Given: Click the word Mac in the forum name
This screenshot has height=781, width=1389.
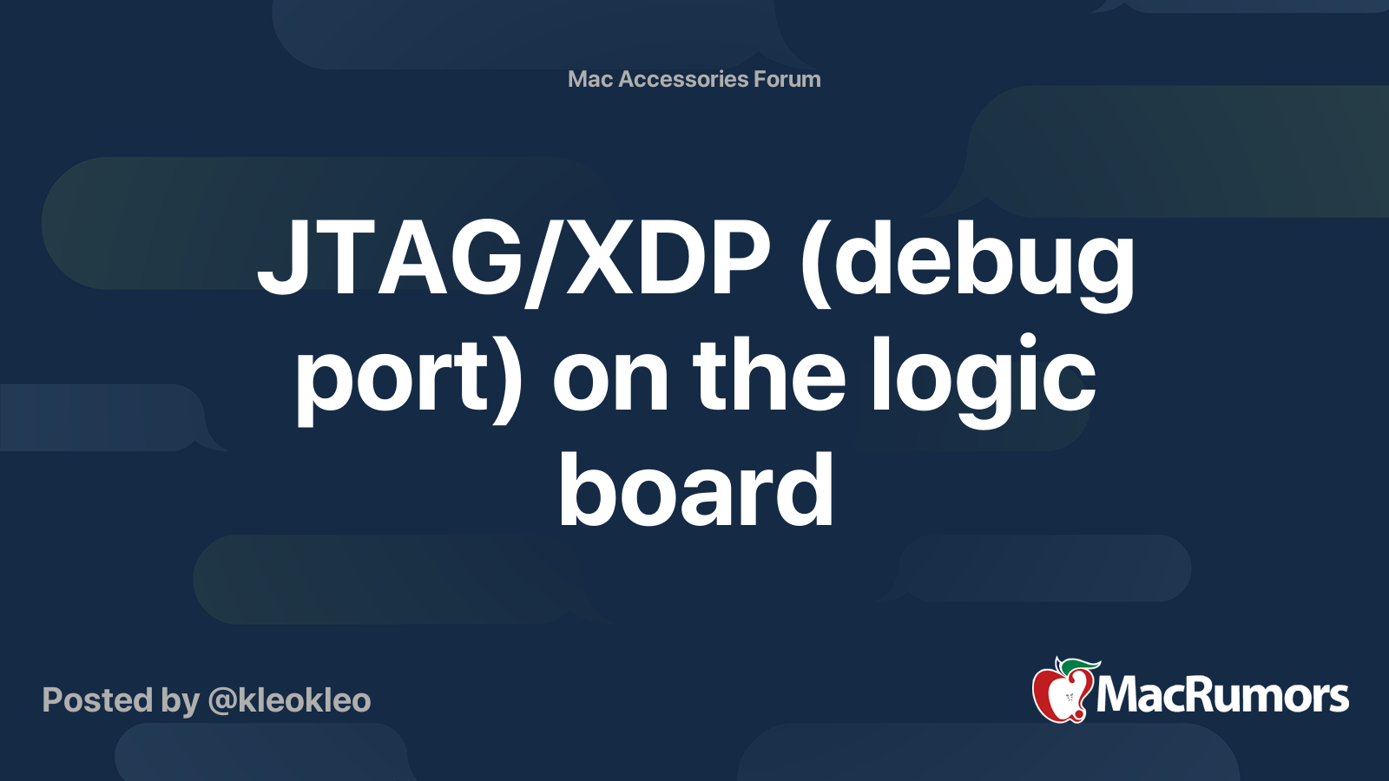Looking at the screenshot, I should tap(589, 79).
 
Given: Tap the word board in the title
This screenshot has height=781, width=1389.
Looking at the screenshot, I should tap(695, 489).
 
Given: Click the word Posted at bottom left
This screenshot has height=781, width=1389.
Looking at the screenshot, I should tap(96, 700).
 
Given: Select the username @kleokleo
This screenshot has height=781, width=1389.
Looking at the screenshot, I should tap(289, 700).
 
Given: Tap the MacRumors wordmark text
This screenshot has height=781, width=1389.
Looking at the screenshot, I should tap(1222, 695).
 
